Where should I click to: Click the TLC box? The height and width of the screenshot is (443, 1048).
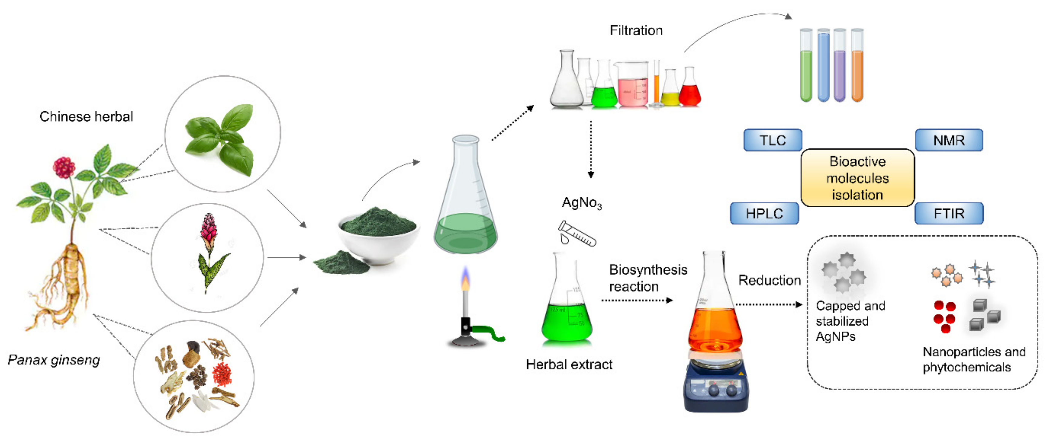(x=773, y=140)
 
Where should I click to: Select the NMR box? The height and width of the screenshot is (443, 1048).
(x=949, y=140)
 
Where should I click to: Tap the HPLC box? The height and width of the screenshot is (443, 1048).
(x=764, y=213)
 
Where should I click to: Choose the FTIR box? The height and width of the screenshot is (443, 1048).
(x=949, y=213)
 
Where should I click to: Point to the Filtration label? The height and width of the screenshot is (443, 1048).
(x=636, y=31)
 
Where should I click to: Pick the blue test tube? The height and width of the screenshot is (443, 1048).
(x=823, y=67)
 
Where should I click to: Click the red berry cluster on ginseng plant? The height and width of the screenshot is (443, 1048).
(x=64, y=167)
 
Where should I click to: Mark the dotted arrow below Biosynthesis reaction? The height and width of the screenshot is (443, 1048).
(x=636, y=301)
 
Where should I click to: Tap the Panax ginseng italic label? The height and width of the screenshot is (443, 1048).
(x=54, y=360)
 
